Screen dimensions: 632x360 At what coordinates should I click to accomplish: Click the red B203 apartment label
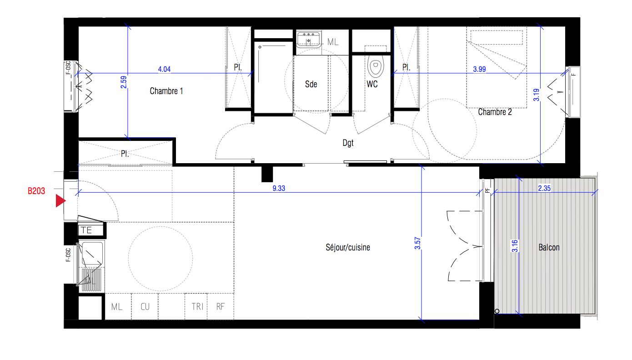pos(36,191)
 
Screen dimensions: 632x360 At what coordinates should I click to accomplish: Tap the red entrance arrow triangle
pos(60,200)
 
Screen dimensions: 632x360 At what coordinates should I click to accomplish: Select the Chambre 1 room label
pos(166,91)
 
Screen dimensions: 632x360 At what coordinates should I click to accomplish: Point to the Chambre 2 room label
pos(495,112)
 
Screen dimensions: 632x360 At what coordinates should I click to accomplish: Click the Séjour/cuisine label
pos(347,247)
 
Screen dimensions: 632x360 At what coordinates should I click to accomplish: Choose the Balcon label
pos(549,247)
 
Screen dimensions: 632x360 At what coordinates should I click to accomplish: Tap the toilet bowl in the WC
pos(376,66)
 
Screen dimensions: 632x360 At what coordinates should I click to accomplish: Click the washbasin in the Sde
pos(309,40)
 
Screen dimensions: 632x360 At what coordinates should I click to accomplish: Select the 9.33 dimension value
pos(279,188)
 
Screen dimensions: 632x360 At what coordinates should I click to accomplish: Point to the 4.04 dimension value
pos(164,69)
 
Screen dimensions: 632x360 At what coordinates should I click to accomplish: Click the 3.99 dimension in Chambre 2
pos(479,69)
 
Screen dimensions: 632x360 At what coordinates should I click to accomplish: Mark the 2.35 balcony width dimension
pos(544,188)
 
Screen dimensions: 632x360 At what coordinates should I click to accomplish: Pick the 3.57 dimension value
pos(417,243)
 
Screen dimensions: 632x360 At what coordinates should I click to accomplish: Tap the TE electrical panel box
pos(91,230)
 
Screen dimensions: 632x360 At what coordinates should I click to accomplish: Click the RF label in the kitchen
pos(221,307)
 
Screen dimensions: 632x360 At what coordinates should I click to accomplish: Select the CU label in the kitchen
pos(145,307)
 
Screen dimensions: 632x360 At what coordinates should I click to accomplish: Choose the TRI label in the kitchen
pos(197,307)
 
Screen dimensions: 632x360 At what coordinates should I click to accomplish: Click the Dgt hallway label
pos(348,143)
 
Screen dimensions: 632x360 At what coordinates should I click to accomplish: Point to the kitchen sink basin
pos(92,253)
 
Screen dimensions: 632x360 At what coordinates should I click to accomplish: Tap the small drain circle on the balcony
pos(497,311)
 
